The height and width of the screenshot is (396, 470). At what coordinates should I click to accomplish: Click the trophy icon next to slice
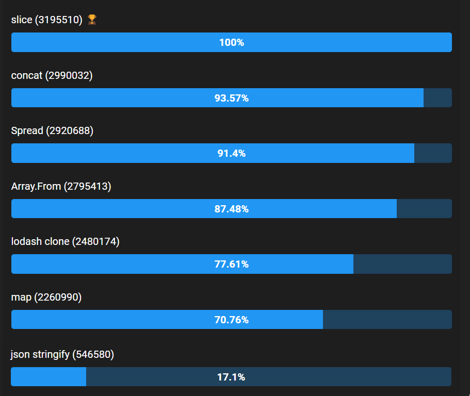click(x=92, y=20)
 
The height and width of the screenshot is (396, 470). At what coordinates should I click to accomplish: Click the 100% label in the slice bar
click(x=232, y=42)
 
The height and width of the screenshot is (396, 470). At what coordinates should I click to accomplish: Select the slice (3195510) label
click(x=47, y=20)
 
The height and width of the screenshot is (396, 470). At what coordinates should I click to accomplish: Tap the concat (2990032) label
click(x=52, y=75)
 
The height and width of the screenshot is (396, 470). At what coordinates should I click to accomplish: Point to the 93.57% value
click(x=232, y=98)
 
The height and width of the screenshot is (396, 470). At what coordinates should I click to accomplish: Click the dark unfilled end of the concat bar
click(x=437, y=98)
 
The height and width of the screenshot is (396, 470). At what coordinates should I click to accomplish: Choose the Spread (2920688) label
click(x=52, y=131)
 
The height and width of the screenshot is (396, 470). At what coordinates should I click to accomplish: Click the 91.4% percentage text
click(x=232, y=153)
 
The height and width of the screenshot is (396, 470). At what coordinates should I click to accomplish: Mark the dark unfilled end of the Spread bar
click(x=433, y=153)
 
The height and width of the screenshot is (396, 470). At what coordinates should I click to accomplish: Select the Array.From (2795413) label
click(x=61, y=186)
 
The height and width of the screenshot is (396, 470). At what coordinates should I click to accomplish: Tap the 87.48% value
click(x=232, y=209)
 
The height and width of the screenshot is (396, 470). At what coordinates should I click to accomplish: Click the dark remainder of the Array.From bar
click(x=424, y=209)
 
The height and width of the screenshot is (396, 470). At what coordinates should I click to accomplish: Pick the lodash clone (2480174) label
click(x=65, y=241)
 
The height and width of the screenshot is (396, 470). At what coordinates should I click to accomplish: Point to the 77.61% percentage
click(x=232, y=264)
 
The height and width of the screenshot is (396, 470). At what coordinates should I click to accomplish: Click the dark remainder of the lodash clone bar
click(x=402, y=264)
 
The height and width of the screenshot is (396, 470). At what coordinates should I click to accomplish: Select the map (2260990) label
click(x=46, y=297)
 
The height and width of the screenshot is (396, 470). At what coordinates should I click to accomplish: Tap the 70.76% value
click(x=232, y=320)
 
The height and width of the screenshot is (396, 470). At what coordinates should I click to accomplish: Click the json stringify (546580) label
click(x=62, y=354)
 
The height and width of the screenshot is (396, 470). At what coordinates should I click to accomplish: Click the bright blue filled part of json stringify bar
click(x=48, y=376)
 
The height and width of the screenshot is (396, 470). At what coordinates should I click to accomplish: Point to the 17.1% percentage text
click(x=231, y=377)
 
